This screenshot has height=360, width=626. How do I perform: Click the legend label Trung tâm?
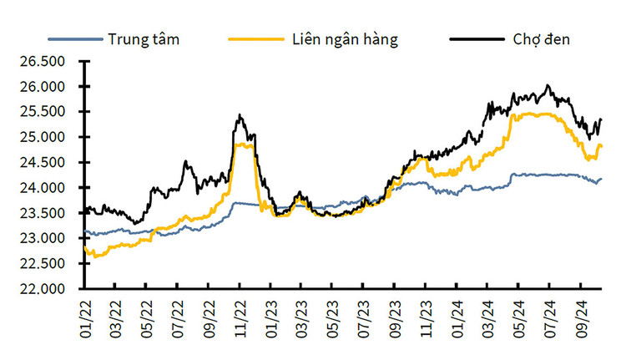click(x=144, y=38)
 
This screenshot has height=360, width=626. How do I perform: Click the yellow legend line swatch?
click(x=255, y=39)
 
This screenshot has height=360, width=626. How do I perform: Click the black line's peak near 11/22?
click(x=240, y=115)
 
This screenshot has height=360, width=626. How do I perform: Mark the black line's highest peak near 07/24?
click(x=548, y=85)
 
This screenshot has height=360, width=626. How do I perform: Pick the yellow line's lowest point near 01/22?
click(x=93, y=257)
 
